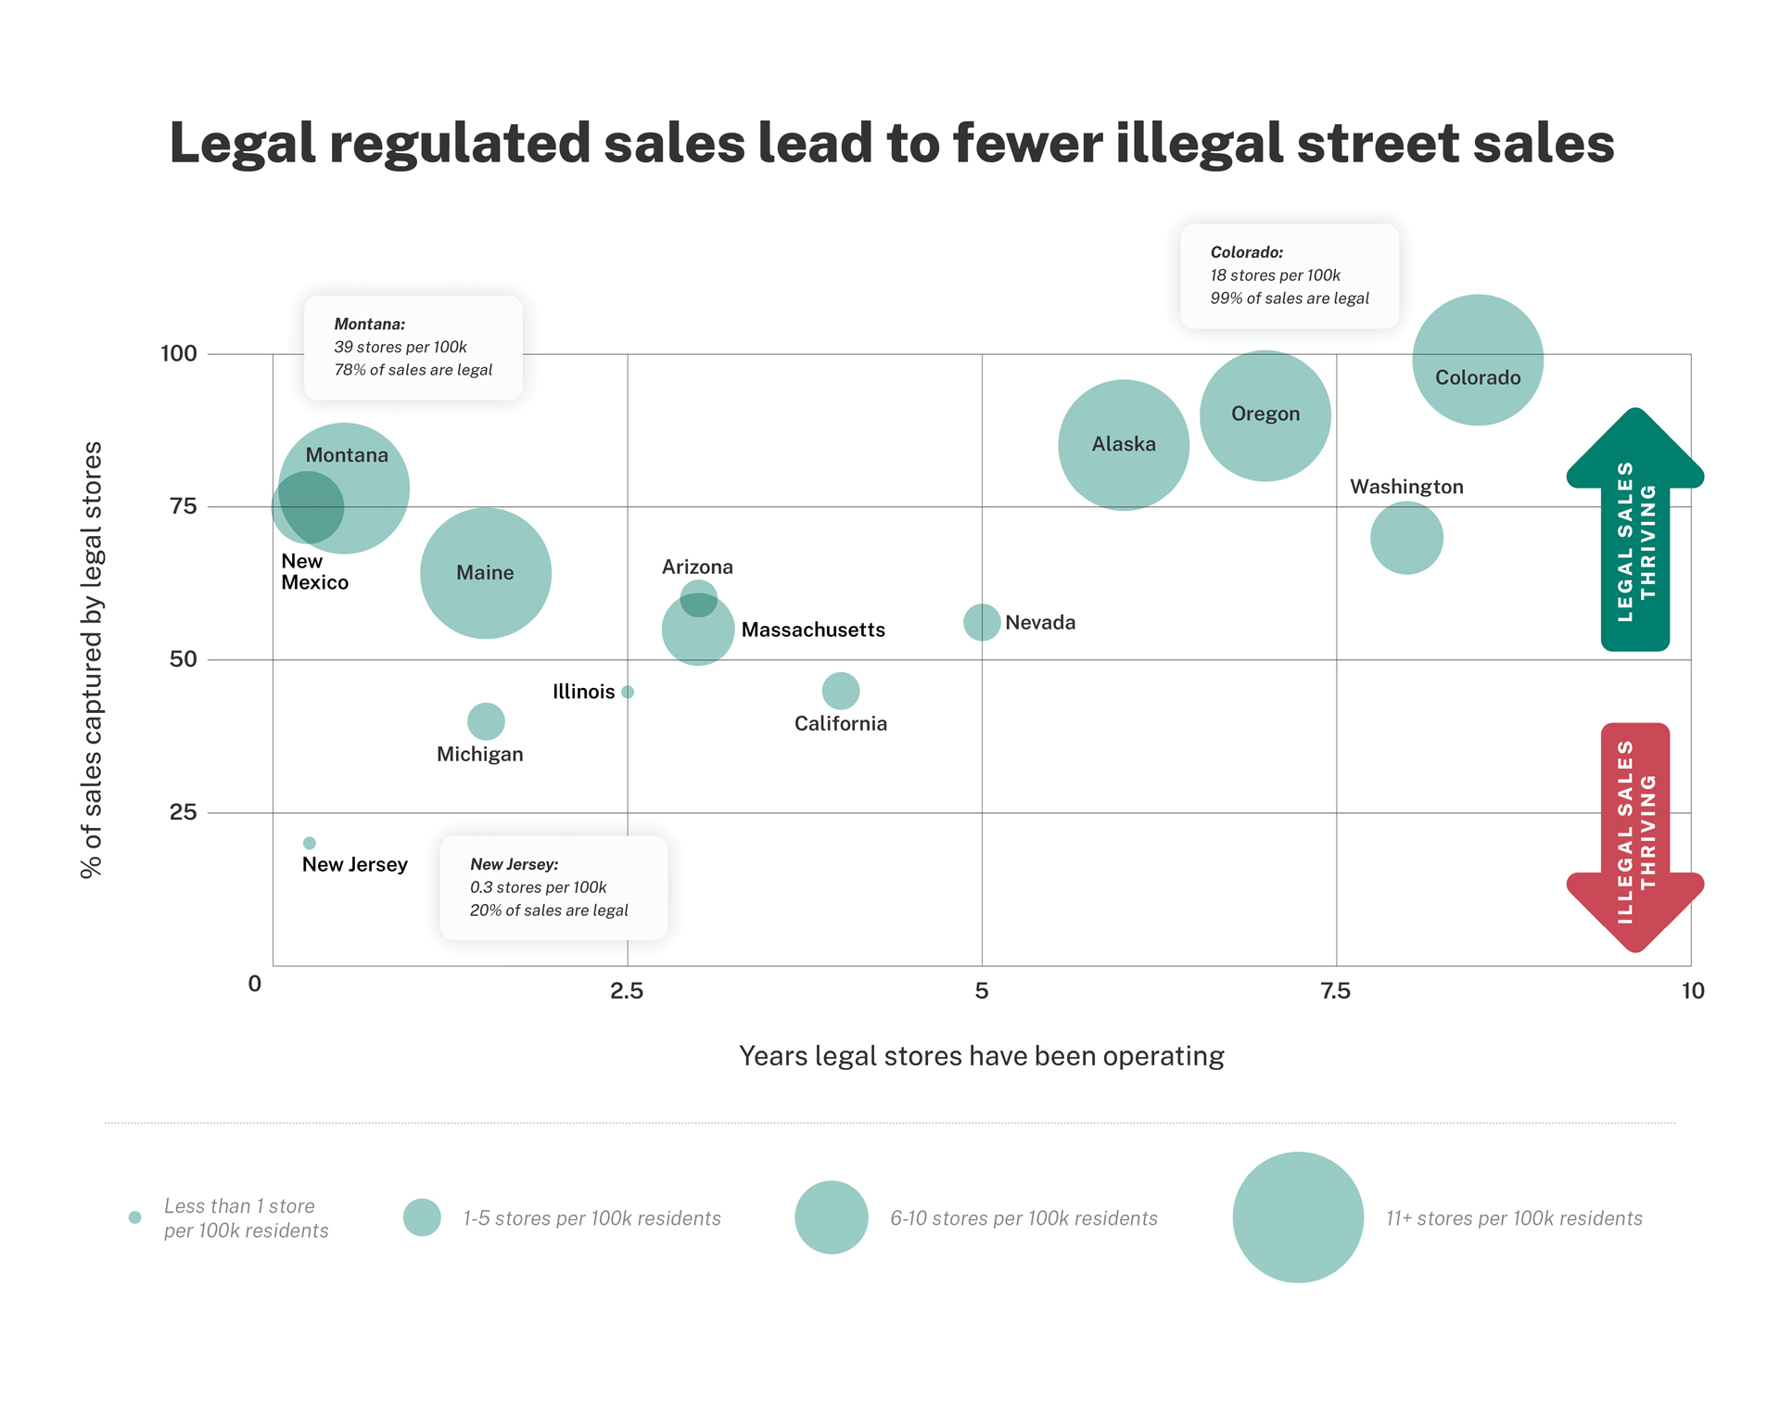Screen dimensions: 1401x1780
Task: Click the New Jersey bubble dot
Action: click(310, 843)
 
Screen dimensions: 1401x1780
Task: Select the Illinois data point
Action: click(628, 692)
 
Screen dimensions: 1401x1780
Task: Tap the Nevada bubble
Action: click(982, 622)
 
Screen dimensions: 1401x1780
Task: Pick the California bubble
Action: click(841, 691)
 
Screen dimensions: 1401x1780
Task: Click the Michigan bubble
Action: click(486, 720)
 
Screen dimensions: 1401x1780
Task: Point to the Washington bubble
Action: click(1406, 538)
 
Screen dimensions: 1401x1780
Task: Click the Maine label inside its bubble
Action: click(485, 573)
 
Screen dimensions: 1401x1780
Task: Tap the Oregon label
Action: click(1265, 414)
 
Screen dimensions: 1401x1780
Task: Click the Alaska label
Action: click(1124, 445)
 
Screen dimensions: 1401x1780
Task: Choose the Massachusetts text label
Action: click(813, 630)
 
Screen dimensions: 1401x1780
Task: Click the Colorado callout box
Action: click(1289, 275)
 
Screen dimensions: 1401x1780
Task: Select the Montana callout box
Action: click(413, 348)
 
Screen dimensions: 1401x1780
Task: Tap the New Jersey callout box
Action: click(553, 887)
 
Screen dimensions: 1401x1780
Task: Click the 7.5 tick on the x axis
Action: click(1336, 991)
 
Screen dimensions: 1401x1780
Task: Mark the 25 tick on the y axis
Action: click(184, 812)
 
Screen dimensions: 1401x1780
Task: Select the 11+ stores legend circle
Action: click(1298, 1217)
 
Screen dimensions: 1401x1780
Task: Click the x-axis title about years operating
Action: click(981, 1056)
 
